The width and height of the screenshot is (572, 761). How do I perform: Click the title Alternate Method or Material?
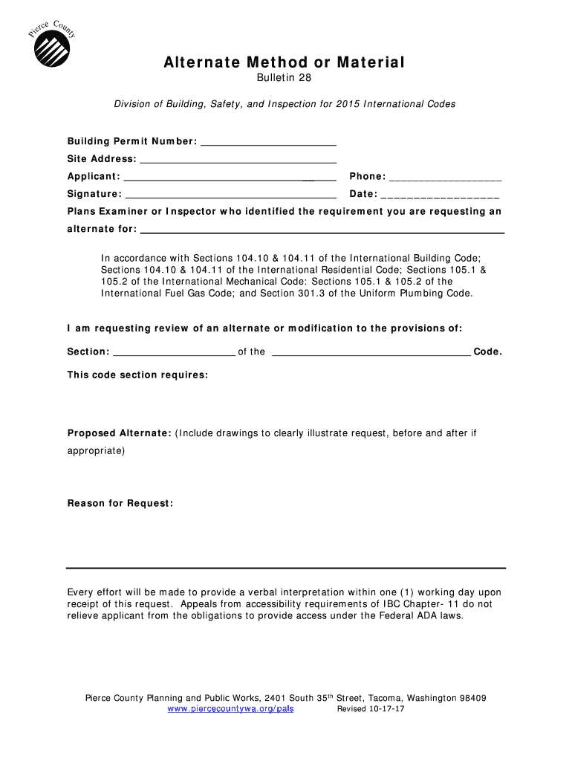click(285, 63)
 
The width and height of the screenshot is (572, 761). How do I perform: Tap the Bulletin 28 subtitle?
click(285, 79)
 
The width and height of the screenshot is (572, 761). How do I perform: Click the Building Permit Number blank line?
click(268, 142)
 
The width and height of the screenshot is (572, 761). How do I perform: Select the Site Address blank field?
click(238, 160)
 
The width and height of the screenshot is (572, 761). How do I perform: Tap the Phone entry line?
click(445, 178)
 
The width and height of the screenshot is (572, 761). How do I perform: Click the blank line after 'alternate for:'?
click(322, 230)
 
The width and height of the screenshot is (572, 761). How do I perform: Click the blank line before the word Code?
click(371, 353)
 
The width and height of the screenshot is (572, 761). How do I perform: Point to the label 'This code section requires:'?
click(137, 375)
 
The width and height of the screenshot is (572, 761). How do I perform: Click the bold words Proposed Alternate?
click(120, 433)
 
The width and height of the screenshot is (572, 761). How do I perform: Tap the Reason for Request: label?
click(120, 504)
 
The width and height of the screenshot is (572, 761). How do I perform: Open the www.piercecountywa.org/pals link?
click(230, 709)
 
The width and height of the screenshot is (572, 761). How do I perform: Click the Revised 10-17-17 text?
click(371, 709)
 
